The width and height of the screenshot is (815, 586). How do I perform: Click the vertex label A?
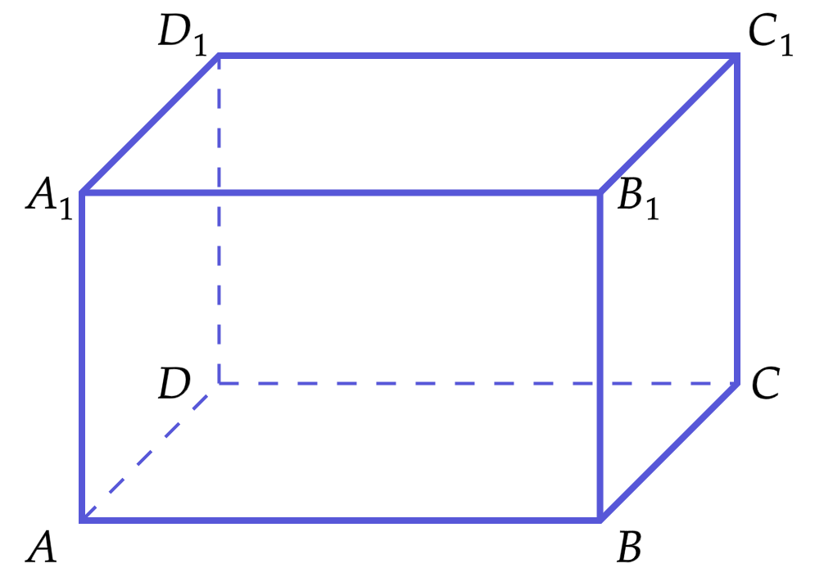click(x=41, y=547)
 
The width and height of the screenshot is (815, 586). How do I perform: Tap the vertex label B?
click(x=629, y=547)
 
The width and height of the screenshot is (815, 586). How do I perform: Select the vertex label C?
click(x=766, y=383)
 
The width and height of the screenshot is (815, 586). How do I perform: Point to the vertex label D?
click(x=174, y=383)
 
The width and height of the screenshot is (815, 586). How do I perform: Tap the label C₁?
click(x=771, y=35)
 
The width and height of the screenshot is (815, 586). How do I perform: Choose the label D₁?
click(x=183, y=35)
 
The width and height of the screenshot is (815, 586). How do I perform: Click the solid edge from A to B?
click(x=341, y=520)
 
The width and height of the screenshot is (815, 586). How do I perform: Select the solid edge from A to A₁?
click(x=82, y=356)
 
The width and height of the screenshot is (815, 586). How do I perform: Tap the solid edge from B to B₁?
click(x=600, y=356)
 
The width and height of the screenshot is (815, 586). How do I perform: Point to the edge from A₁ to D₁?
click(x=150, y=124)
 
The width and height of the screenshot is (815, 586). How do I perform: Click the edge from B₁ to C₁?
click(x=668, y=124)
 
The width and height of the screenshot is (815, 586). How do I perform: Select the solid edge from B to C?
click(x=668, y=452)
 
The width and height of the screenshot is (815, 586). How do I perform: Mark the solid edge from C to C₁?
click(x=736, y=219)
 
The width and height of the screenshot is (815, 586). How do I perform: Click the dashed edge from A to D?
click(x=150, y=452)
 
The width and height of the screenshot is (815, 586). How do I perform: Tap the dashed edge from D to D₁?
click(x=219, y=219)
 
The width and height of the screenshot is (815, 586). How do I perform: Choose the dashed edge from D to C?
click(x=478, y=383)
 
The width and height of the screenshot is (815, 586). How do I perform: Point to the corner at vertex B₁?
click(x=600, y=192)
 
